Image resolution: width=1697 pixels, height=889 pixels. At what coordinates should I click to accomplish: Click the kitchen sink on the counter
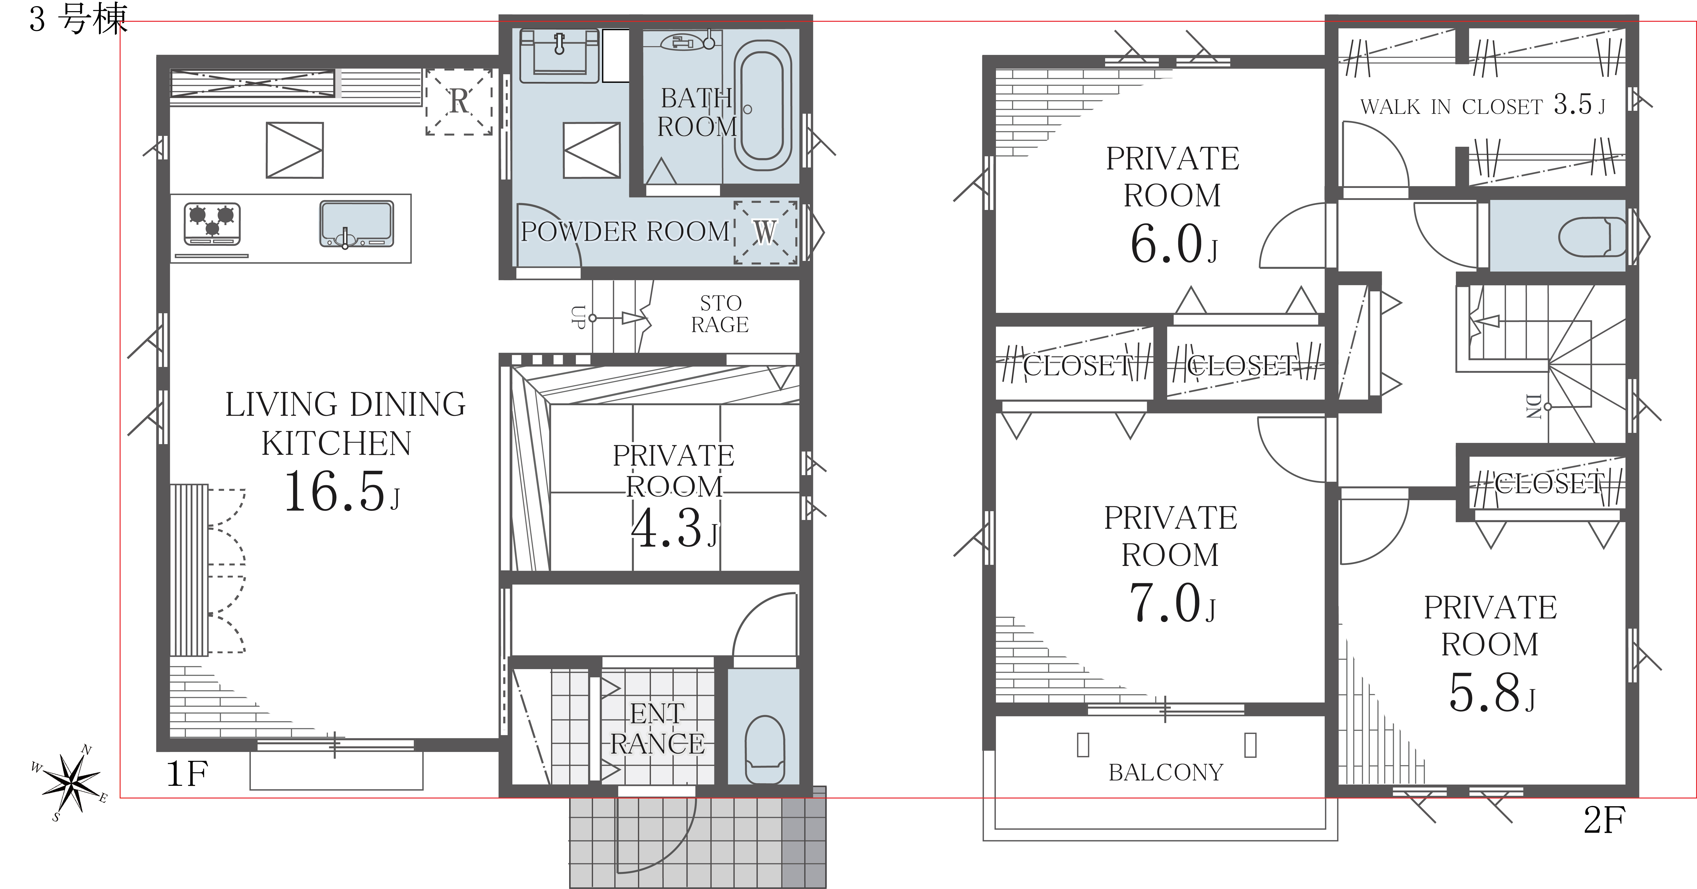click(x=356, y=224)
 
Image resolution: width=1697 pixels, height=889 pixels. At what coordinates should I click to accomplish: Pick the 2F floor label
click(x=1605, y=820)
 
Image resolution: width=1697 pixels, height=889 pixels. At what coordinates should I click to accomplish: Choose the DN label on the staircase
click(x=1533, y=406)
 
